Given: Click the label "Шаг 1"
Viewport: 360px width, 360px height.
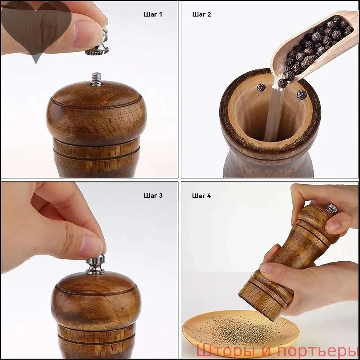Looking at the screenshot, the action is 153,14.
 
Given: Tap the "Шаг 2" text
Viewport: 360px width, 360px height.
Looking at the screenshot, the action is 202,14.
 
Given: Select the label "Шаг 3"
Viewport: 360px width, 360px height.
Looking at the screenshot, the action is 153,195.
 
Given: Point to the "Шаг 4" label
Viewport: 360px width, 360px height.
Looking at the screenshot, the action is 201,196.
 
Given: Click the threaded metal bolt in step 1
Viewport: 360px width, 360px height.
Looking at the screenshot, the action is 96,79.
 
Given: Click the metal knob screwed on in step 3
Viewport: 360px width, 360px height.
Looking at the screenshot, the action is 95,265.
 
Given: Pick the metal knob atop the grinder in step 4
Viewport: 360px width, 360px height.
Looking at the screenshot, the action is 332,208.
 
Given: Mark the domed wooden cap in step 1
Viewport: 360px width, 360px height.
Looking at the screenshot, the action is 96,112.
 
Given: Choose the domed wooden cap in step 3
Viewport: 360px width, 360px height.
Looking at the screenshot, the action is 96,298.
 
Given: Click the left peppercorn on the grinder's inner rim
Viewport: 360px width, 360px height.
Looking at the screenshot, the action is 261,87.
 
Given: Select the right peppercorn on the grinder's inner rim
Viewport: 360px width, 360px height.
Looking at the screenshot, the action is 302,94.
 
